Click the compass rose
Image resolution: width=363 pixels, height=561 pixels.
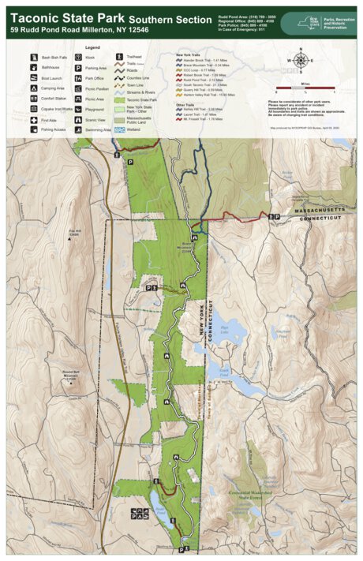point(300,60)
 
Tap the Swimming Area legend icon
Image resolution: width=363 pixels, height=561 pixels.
point(77,130)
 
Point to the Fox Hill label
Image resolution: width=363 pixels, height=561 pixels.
point(75,233)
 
